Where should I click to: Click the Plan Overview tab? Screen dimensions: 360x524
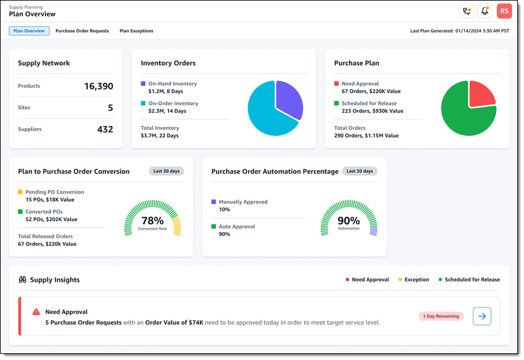[x=29, y=31]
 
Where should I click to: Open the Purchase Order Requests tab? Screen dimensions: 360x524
[x=82, y=31]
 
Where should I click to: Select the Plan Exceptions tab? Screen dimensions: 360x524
[x=136, y=31]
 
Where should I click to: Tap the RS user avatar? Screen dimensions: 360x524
[x=504, y=11]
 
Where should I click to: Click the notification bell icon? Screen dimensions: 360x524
[x=485, y=11]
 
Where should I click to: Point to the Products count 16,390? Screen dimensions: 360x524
[x=98, y=86]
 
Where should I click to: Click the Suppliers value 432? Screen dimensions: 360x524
[x=105, y=129]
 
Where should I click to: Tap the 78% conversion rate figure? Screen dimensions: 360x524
[x=152, y=220]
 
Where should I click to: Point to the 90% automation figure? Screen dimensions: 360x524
[x=349, y=220]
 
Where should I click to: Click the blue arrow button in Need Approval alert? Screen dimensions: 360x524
[x=482, y=316]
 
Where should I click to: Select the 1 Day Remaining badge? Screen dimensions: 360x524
[x=441, y=316]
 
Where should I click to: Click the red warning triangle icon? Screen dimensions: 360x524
[x=37, y=311]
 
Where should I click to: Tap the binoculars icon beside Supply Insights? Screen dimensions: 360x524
[x=23, y=280]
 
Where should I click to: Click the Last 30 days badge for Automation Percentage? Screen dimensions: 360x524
[x=359, y=171]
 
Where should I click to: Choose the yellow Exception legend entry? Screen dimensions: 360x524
[x=414, y=280]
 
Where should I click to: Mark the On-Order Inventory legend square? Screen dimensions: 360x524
[x=143, y=104]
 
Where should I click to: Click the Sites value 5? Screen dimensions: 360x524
[x=110, y=108]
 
